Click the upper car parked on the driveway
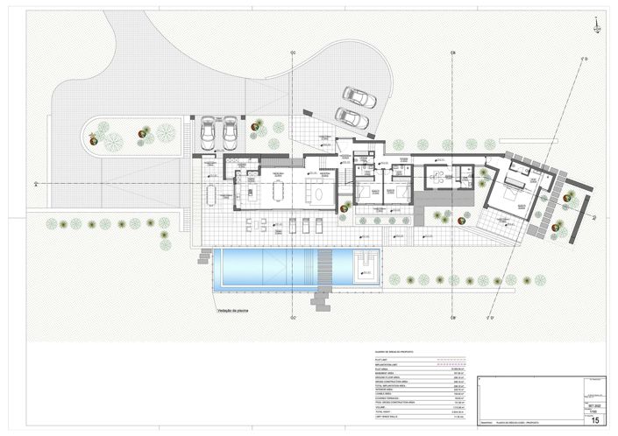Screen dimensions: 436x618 (x=359, y=97)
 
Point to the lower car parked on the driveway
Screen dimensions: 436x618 (x=352, y=116)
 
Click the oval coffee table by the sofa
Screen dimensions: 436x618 (x=307, y=194)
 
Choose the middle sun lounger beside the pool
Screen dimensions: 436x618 (x=294, y=226)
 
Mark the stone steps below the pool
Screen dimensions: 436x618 (x=321, y=303)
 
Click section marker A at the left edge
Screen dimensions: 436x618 (x=34, y=185)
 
